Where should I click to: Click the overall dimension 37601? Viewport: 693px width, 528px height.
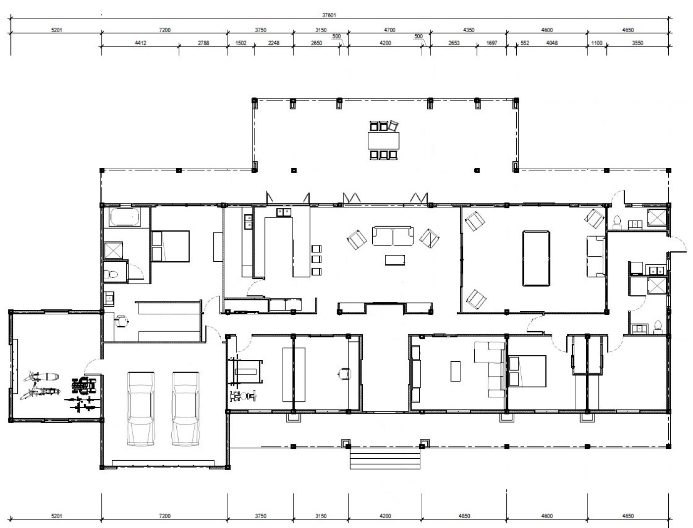click(329, 15)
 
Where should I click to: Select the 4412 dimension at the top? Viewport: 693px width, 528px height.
click(141, 43)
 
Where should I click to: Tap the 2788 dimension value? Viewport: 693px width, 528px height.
click(203, 43)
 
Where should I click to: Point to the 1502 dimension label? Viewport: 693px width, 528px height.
click(241, 43)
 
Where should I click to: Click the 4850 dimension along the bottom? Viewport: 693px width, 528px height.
click(464, 516)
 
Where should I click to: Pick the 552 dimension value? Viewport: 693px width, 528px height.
click(525, 43)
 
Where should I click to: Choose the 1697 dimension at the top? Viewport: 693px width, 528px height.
click(492, 43)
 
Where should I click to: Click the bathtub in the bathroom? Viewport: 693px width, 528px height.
click(125, 217)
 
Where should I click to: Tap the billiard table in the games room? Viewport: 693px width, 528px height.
click(536, 258)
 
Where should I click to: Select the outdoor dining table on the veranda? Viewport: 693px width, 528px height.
click(383, 141)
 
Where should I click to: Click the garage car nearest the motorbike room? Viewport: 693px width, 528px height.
click(141, 409)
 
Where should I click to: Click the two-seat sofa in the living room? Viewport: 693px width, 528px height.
click(393, 236)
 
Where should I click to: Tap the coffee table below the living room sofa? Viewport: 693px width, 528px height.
click(395, 260)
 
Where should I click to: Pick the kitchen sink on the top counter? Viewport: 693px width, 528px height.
click(284, 212)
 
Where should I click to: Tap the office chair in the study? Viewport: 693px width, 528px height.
click(345, 374)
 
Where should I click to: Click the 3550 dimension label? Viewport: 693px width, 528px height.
click(638, 43)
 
